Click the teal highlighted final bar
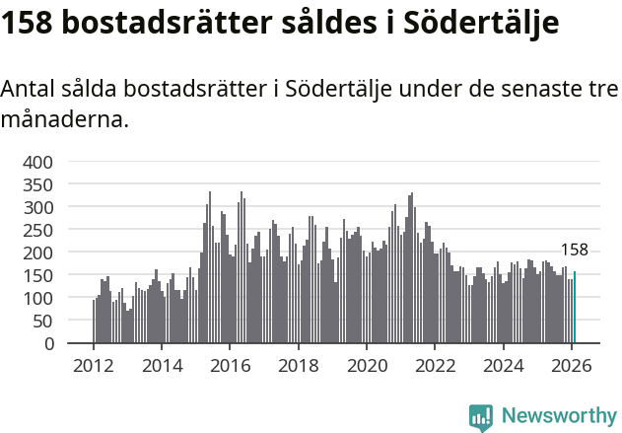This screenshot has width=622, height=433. pos(575,308)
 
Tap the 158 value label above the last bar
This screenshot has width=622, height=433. pos(574,251)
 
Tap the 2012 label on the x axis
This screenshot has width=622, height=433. pos(94,366)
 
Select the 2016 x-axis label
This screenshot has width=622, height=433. pos(230,366)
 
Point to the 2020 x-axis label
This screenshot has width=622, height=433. pos(367,366)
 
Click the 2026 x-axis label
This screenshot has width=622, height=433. pos(571,366)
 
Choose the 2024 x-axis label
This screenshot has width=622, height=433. pos(503,366)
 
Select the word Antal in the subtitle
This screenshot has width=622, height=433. pos(27,90)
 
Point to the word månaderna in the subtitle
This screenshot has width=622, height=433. pos(63,120)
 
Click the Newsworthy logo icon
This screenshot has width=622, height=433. pos(481,416)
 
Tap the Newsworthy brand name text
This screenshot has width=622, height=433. pos(559,416)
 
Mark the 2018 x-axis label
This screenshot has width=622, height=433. pos(298,366)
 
